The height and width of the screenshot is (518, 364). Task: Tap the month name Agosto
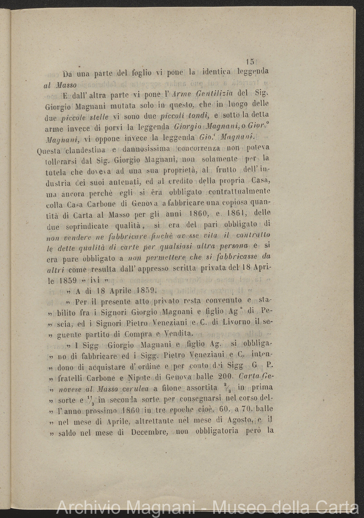pos(240,421)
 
